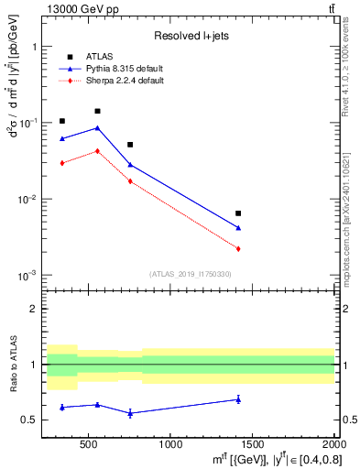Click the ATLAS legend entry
(99, 56)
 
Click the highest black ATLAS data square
(97, 111)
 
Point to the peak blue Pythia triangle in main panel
(97, 128)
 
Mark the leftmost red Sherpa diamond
(62, 163)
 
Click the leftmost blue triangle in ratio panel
(62, 407)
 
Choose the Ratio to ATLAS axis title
(14, 365)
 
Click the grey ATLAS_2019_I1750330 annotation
(190, 274)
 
